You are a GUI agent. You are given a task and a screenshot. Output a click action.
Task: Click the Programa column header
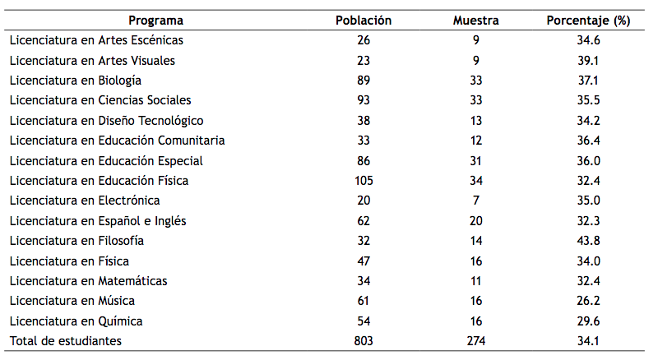point(156,21)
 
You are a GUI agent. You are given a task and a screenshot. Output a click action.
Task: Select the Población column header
point(364,21)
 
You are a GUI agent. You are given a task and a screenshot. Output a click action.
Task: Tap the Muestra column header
point(476,21)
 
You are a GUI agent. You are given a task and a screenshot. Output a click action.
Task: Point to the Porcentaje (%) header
point(588,21)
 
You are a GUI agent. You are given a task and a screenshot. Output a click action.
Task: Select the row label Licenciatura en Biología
point(75,81)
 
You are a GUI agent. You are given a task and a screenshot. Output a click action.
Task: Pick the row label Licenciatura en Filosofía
point(76,241)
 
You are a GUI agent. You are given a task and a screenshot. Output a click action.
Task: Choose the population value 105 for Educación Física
point(364,181)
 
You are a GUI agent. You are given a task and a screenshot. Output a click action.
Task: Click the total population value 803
point(364,341)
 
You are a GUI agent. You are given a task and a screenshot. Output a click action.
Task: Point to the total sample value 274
point(476,341)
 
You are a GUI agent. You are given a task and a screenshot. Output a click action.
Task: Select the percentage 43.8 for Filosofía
point(588,241)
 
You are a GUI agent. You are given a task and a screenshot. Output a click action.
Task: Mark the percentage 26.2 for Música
point(588,301)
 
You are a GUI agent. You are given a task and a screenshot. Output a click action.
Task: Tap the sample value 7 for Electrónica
point(476,201)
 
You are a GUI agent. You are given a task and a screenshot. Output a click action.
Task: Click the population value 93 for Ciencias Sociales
point(364,100)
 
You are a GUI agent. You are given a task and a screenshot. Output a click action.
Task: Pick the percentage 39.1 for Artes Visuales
point(588,60)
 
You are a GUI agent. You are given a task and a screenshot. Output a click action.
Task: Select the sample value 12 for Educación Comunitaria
point(476,141)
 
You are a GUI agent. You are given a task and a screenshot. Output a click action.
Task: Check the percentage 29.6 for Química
point(588,321)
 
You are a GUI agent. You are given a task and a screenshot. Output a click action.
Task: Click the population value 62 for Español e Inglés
point(364,221)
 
